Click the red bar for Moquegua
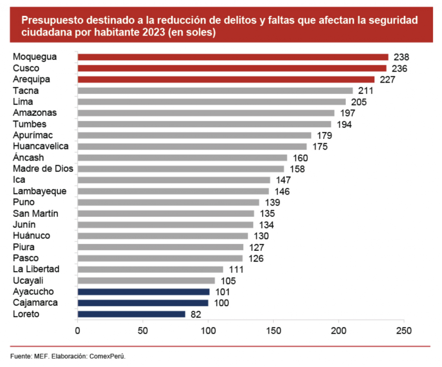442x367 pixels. [233, 57]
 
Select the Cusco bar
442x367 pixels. [232, 68]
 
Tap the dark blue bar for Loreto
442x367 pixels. [131, 314]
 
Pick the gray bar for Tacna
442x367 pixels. [215, 91]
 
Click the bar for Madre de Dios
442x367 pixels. [180, 169]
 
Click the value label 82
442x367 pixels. [196, 314]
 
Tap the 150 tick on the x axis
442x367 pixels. [273, 331]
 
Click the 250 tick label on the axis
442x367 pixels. [404, 331]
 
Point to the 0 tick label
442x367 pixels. [78, 331]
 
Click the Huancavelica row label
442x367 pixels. [41, 146]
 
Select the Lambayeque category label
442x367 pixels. [40, 191]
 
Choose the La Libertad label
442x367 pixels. [36, 269]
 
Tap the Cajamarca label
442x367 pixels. [35, 303]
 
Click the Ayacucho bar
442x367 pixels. [143, 292]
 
